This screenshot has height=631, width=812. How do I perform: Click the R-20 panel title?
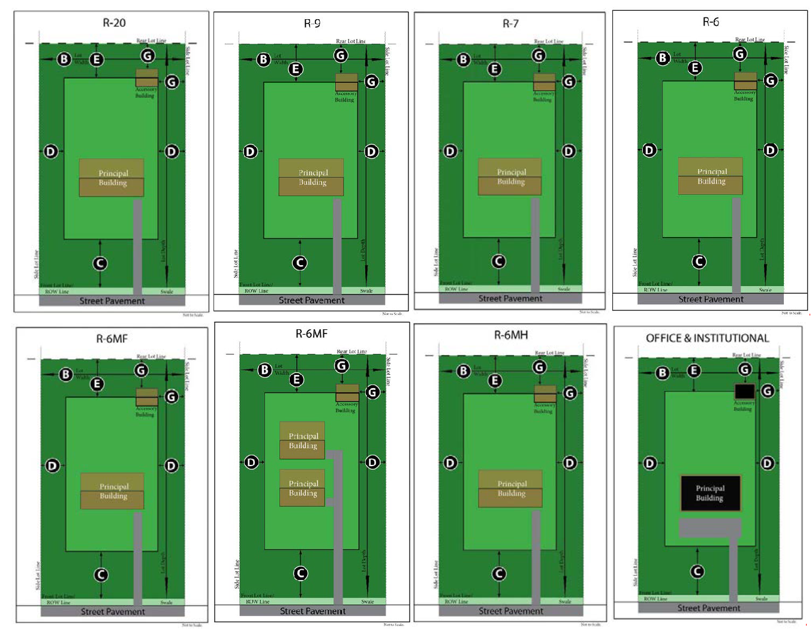tap(114, 23)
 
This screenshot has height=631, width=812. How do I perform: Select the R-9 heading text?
tap(312, 23)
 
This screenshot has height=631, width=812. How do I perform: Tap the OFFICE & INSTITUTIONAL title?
tap(707, 338)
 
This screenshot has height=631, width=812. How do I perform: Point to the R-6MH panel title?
tap(511, 335)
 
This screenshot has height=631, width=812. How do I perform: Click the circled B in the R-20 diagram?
tap(64, 59)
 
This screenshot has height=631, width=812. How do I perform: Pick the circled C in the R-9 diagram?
tap(300, 263)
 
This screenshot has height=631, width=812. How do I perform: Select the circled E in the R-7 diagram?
tap(495, 69)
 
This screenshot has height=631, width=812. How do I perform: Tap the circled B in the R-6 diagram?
tap(663, 58)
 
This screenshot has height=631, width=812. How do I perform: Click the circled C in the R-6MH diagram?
tap(499, 574)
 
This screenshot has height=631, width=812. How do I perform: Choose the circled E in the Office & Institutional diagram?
tap(694, 371)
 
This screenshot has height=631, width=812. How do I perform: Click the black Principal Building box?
tap(710, 493)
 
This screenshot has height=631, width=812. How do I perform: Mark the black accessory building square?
tap(744, 392)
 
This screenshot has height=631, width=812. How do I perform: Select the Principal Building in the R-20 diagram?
tap(112, 178)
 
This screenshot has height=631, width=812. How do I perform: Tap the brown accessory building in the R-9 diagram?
tap(346, 82)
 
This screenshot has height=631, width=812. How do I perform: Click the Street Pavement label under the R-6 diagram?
tap(711, 299)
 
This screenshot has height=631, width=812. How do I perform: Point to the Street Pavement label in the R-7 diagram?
tap(510, 299)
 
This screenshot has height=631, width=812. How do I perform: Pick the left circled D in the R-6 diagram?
tap(649, 150)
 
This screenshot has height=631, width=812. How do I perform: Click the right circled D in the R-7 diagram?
tap(569, 151)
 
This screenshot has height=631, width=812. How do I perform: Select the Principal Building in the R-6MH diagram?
tap(511, 488)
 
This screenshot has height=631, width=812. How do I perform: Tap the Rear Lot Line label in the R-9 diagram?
tap(351, 41)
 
